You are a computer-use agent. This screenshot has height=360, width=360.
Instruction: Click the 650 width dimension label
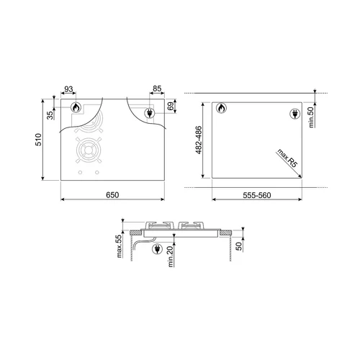coord(112,195)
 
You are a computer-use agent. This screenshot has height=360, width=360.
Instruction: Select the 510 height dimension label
coord(38,140)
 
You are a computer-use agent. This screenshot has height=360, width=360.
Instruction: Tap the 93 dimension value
coord(68,89)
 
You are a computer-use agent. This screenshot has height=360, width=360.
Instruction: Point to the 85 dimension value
coord(157,89)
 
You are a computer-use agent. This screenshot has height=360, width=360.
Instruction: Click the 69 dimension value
coord(171,106)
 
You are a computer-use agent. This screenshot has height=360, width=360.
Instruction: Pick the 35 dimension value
coord(50,115)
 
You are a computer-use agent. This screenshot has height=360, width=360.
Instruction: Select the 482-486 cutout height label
coord(199,140)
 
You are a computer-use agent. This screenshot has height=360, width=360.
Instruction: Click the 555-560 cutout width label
coord(257,195)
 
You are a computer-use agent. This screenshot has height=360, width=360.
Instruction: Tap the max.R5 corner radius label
coord(287,158)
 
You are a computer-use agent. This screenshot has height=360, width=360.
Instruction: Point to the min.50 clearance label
coord(311,117)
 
